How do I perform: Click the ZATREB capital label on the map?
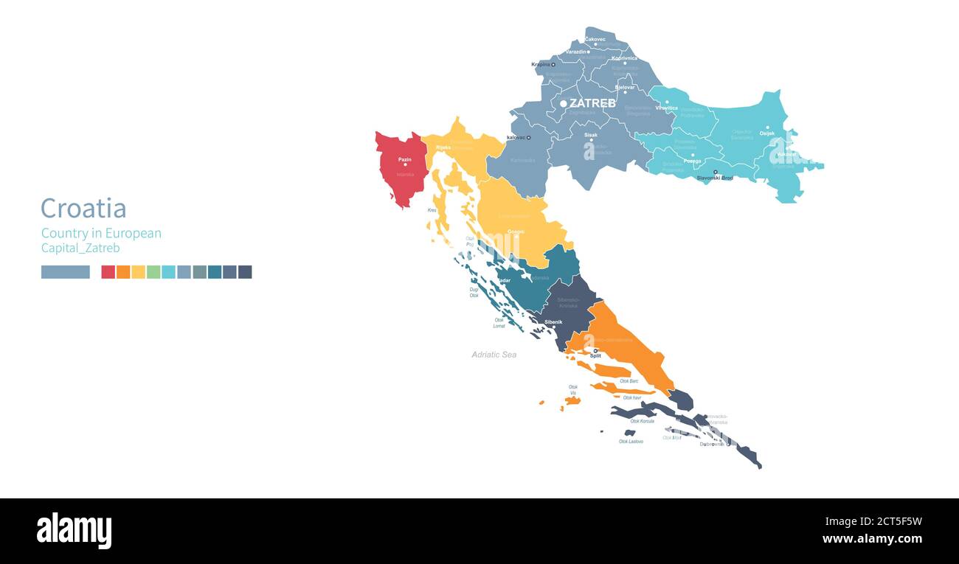point(592,103)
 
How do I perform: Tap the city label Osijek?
point(767,133)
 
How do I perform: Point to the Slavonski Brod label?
point(715,178)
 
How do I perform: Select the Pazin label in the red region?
point(405,159)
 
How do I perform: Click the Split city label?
point(595,355)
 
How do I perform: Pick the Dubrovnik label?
point(713,444)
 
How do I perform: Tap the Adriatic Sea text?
point(494,355)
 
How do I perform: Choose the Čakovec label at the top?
point(595,39)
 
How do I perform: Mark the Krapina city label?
point(541,64)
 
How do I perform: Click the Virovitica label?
point(666,108)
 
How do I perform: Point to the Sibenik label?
point(553,322)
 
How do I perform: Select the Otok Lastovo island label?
point(631,441)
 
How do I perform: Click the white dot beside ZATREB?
point(564,104)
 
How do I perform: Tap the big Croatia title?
point(83,209)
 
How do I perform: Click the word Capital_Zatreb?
point(80,248)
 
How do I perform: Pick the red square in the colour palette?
point(108,272)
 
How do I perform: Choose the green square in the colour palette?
point(153,272)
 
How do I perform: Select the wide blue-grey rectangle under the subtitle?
point(66,272)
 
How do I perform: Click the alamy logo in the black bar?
point(75,531)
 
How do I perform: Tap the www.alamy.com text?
point(872,539)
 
